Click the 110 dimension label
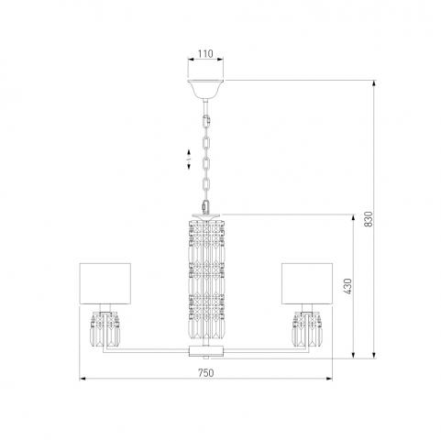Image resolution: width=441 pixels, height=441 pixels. [x=205, y=54]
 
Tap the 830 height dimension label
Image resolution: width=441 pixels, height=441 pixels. [x=369, y=219]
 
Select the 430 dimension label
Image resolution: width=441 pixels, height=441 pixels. [x=348, y=286]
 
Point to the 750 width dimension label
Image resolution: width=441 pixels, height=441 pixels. [x=206, y=373]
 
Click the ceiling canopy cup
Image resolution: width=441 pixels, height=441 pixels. [x=205, y=89]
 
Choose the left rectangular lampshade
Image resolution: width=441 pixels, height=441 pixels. [x=105, y=283]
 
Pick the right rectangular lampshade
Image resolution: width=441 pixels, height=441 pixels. [x=307, y=283]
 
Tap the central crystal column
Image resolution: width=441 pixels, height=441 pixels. [x=206, y=280]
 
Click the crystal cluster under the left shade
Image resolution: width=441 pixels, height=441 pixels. [x=105, y=329]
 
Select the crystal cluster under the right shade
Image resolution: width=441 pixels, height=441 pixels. [x=307, y=329]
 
